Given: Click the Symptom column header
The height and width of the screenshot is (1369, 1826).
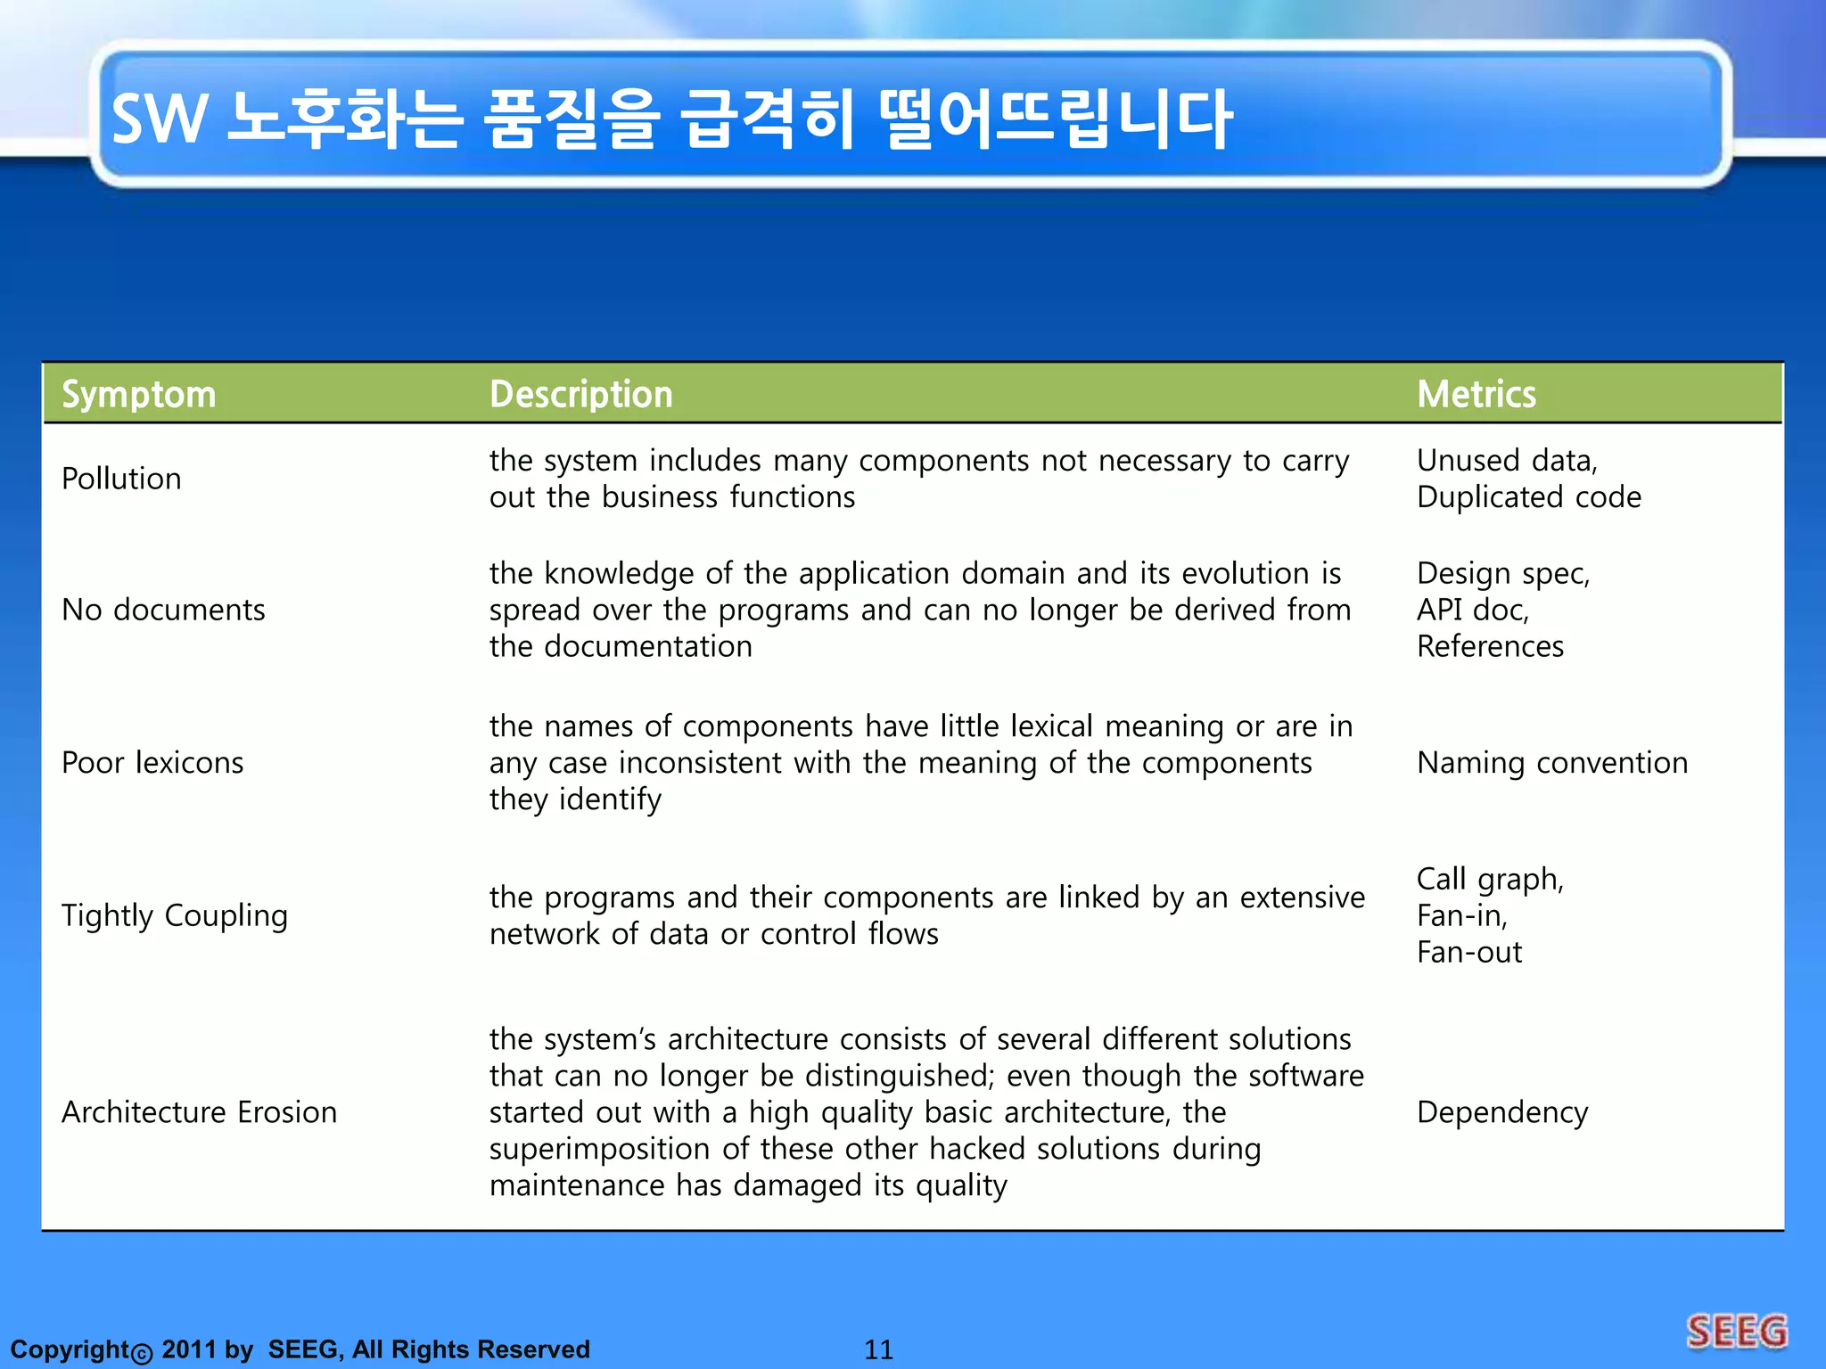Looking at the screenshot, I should pos(138,394).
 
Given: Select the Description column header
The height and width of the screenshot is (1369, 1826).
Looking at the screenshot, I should pos(580,394).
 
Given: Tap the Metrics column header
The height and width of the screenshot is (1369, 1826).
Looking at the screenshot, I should pos(1476,394).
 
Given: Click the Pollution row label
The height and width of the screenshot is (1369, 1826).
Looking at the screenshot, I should pos(121,479).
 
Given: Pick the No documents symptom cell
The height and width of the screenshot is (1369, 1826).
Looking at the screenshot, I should pos(163,610).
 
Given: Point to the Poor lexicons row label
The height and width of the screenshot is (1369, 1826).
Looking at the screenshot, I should pos(152,763).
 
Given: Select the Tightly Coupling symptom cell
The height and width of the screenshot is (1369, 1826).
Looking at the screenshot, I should pos(175,915).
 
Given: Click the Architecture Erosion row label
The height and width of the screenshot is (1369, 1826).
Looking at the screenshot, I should pos(199,1112).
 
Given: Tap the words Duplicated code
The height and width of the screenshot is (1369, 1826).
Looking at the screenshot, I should pos(1528,497).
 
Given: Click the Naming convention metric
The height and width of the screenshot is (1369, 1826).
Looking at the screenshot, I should pos(1551,763).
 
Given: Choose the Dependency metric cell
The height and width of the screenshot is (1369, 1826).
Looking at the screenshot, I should pos(1502,1112).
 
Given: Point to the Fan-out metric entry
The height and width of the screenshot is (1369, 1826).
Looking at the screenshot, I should pos(1468,953).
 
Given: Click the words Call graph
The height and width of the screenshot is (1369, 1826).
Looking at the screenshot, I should pos(1489,879).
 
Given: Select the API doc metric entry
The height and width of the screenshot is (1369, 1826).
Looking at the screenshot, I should pos(1472,610).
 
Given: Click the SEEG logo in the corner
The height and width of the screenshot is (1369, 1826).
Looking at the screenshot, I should pos(1736,1332).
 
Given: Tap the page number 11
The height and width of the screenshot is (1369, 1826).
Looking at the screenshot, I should pos(878,1349).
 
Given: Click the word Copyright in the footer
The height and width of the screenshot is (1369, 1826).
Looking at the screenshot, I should pos(70,1349).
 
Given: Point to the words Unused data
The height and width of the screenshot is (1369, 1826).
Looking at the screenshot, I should pos(1506,461).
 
